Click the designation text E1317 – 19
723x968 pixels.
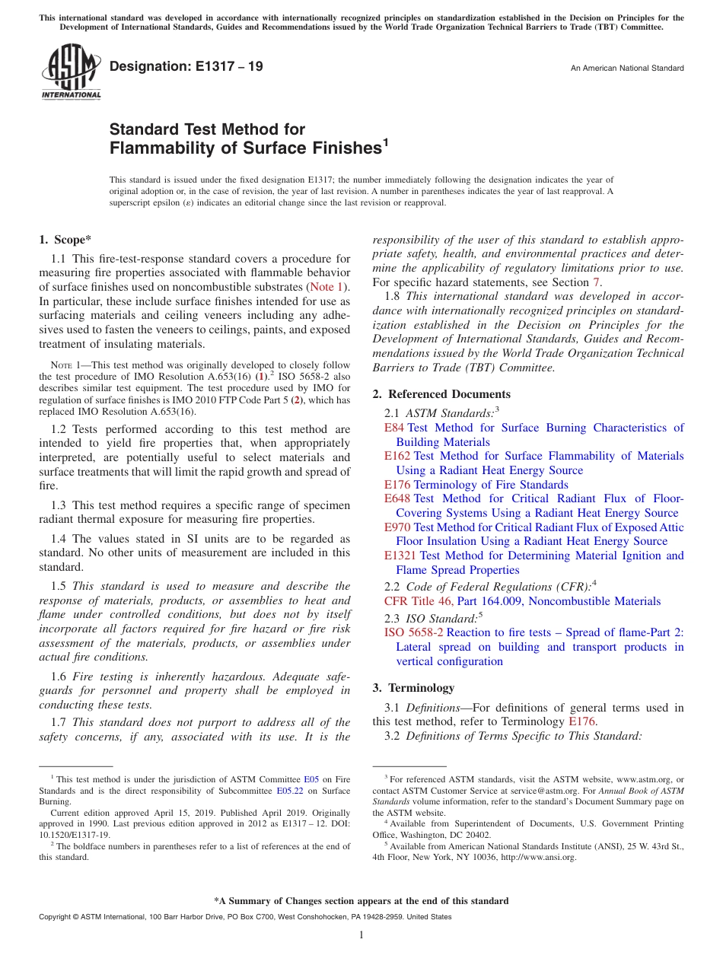186,67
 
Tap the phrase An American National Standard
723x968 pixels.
627,68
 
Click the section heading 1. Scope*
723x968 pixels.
65,240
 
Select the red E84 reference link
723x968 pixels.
394,428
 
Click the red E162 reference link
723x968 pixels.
397,456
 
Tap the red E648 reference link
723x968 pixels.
397,498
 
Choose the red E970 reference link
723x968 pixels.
397,527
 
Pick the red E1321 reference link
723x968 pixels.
400,556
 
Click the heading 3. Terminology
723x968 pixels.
413,688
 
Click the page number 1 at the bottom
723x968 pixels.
361,935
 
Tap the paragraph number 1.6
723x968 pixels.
59,677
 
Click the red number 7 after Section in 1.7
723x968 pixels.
596,282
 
